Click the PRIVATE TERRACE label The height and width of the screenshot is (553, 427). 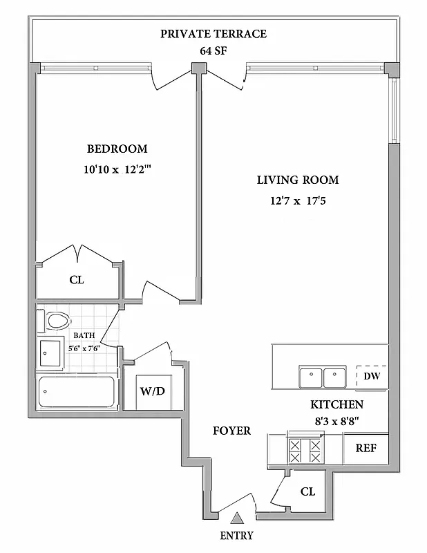213,34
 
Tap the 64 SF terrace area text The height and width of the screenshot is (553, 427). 213,50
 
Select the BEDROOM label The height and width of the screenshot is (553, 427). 117,149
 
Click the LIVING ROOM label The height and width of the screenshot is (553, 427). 298,180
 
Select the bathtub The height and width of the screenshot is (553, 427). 77,393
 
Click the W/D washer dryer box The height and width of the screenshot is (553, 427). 153,391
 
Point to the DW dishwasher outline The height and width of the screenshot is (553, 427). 372,377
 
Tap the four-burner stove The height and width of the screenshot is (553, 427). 305,450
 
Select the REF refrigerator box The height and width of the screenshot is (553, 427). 366,448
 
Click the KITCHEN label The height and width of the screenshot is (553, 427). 336,404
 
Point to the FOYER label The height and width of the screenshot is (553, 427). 231,431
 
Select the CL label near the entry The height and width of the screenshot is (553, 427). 308,492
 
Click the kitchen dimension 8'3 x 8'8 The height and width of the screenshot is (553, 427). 336,419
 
